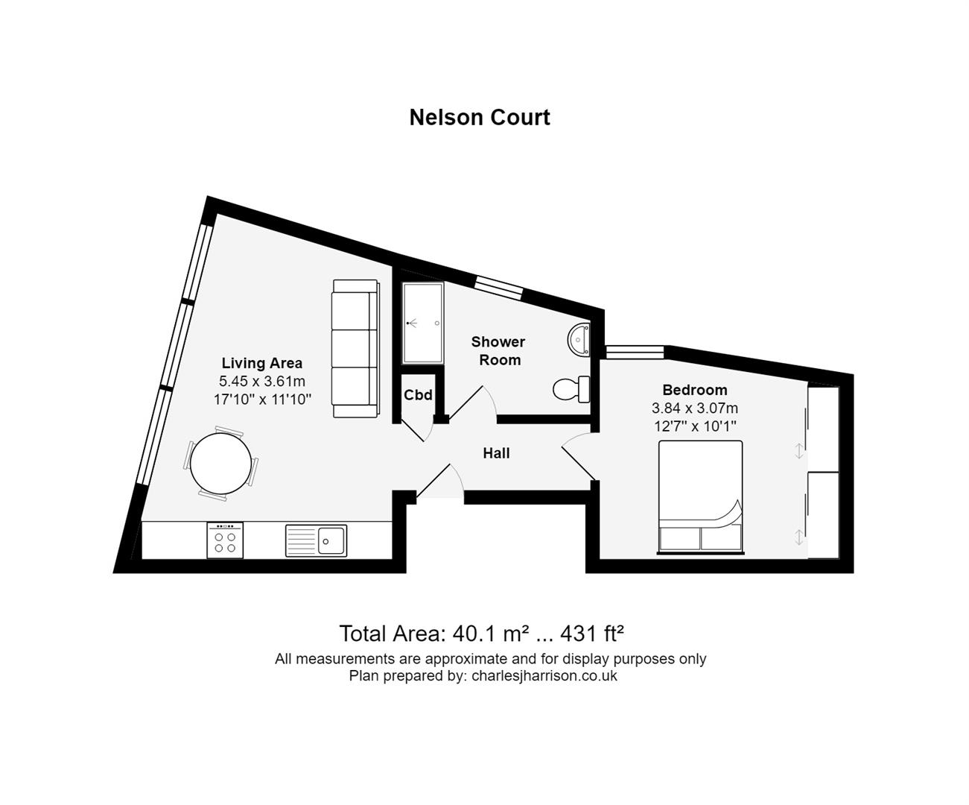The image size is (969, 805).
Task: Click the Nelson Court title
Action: pos(480,118)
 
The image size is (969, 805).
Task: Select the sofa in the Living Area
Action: pos(355,348)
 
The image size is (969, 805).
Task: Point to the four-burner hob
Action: pos(225,540)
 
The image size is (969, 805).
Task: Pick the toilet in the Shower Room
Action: pos(571,388)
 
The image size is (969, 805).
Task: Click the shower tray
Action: pos(422,323)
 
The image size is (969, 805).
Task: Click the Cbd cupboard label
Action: pos(418,395)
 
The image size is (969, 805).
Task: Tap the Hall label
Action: pos(496,453)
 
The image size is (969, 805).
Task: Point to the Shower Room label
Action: pos(498,351)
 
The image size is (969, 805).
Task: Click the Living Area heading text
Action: pos(262,364)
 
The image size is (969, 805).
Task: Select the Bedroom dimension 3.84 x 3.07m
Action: pos(695,408)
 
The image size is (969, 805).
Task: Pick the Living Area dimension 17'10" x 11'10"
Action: pos(262,400)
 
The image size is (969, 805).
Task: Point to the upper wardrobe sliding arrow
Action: pos(799,450)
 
